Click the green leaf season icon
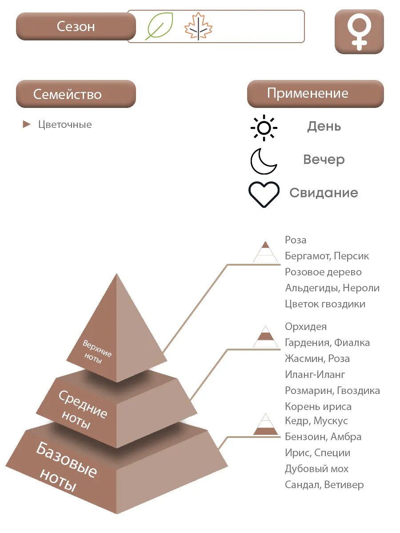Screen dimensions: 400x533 tap(159, 26)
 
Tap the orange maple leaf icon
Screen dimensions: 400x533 tap(198, 27)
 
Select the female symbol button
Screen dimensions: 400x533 tap(359, 32)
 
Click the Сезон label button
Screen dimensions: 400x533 tap(76, 26)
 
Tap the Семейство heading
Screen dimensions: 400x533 tap(76, 94)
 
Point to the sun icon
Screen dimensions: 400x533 tap(264, 128)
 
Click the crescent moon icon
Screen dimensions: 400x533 tap(263, 161)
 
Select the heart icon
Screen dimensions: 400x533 tap(264, 194)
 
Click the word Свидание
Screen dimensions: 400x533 tap(324, 193)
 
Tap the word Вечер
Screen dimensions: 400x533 tap(324, 159)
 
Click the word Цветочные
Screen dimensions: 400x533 tap(65, 124)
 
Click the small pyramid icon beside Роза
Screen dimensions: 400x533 tap(265, 252)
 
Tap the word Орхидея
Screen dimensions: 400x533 tap(306, 326)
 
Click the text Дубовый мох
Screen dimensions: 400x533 tap(316, 469)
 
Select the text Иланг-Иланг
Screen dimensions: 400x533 tap(315, 374)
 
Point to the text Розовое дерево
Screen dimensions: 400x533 tap(323, 272)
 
